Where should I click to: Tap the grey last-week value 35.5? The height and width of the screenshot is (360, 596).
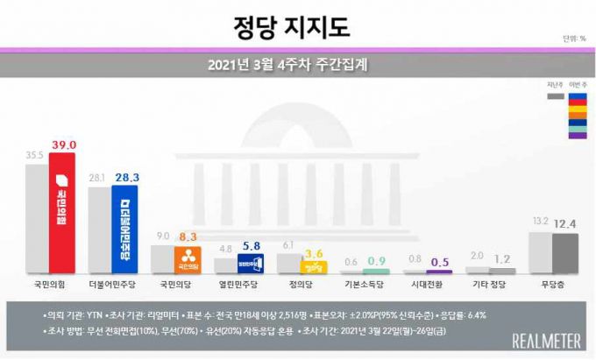[35, 154]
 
